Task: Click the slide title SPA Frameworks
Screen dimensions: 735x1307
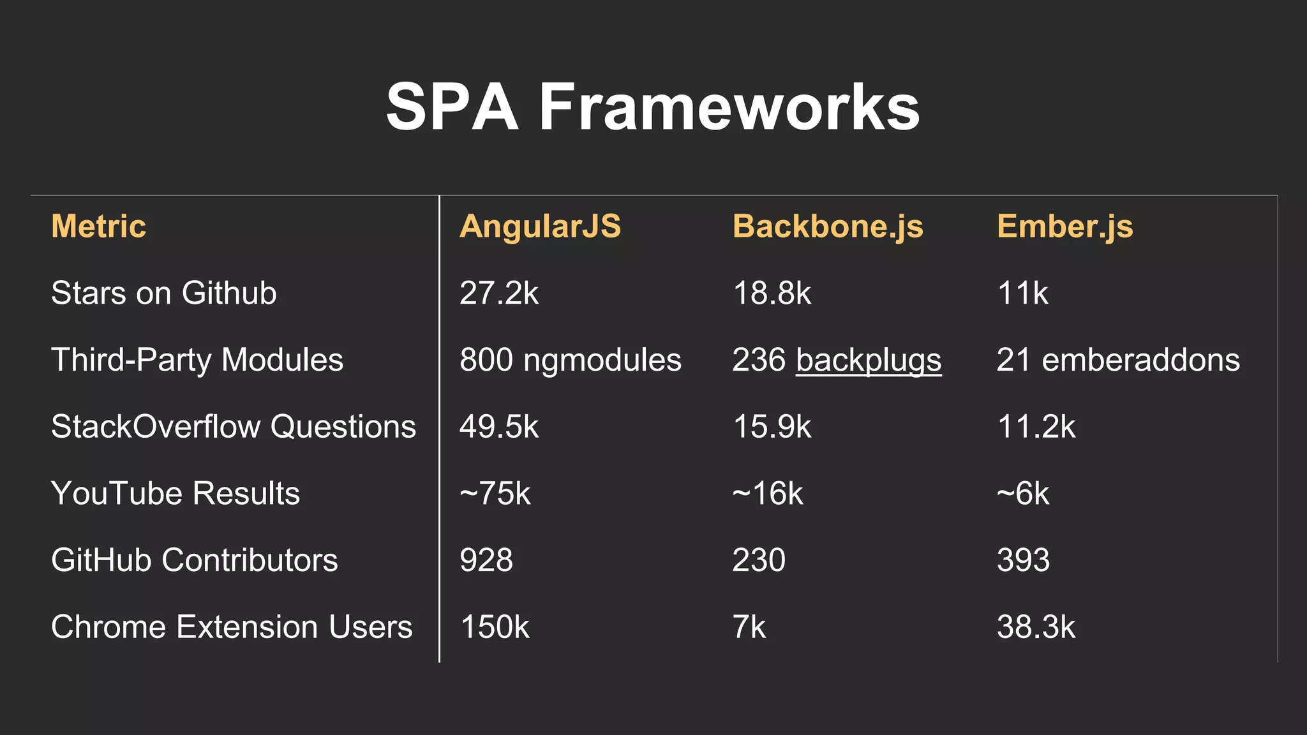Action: [x=653, y=107]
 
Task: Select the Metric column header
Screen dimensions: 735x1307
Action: [x=98, y=226]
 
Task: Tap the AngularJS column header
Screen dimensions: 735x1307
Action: [x=540, y=226]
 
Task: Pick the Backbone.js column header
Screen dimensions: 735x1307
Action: [x=828, y=226]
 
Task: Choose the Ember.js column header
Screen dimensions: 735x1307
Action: [x=1064, y=226]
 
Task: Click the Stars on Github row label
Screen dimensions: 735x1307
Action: [x=163, y=293]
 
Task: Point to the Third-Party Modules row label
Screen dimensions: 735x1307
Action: [x=197, y=360]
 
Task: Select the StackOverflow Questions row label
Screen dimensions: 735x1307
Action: [x=233, y=427]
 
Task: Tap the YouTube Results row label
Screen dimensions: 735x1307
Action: [x=175, y=493]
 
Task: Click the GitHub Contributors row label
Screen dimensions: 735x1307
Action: [x=194, y=560]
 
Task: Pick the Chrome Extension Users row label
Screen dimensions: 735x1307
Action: [x=231, y=627]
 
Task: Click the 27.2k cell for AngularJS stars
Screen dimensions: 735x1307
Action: [x=498, y=293]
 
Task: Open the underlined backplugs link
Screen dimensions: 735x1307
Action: [x=869, y=360]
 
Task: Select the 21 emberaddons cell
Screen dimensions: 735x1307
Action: [x=1118, y=360]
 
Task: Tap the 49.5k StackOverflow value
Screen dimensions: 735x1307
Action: [x=498, y=427]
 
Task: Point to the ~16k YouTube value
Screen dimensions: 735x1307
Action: [x=767, y=493]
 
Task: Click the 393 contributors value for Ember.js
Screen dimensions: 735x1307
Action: [x=1023, y=560]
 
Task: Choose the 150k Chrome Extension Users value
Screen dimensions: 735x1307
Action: [x=495, y=627]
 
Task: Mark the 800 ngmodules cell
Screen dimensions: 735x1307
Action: [x=570, y=360]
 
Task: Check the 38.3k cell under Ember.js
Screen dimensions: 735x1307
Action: [x=1036, y=627]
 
